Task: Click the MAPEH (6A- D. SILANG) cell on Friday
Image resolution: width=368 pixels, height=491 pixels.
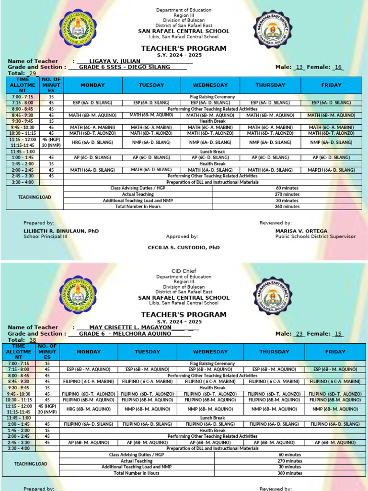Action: pyautogui.click(x=331, y=170)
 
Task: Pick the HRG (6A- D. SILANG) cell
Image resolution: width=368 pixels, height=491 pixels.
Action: pyautogui.click(x=92, y=142)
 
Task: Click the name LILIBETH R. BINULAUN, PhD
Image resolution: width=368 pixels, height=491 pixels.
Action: pyautogui.click(x=61, y=231)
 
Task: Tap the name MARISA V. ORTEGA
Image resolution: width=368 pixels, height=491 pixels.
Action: pyautogui.click(x=301, y=231)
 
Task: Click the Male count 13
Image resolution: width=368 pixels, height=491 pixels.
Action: pyautogui.click(x=300, y=68)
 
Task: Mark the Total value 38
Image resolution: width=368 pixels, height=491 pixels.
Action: pyautogui.click(x=33, y=340)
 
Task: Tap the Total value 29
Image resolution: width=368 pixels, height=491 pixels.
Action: pyautogui.click(x=33, y=73)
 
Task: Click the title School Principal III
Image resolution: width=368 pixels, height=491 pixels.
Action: pyautogui.click(x=46, y=236)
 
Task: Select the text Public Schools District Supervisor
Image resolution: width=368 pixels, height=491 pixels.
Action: pyautogui.click(x=315, y=236)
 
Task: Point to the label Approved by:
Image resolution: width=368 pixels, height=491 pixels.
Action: pyautogui.click(x=182, y=236)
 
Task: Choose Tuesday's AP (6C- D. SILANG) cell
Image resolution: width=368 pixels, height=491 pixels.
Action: pyautogui.click(x=151, y=157)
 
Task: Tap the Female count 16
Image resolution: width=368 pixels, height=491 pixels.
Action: pyautogui.click(x=338, y=68)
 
